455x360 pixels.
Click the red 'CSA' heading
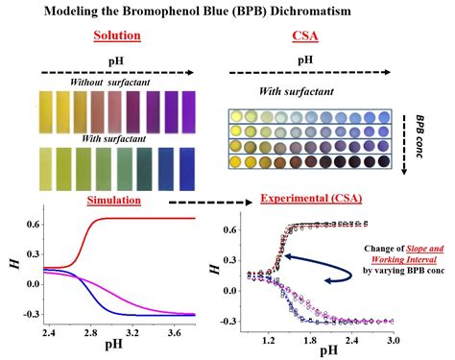[306, 37]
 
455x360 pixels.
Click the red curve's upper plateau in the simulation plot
[144, 219]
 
